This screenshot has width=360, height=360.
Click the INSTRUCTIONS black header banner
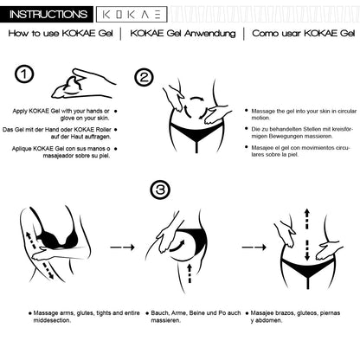pyautogui.click(x=47, y=14)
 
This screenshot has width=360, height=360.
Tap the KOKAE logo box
pyautogui.click(x=132, y=15)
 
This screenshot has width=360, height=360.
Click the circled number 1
pyautogui.click(x=24, y=74)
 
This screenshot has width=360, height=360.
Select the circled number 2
pyautogui.click(x=144, y=77)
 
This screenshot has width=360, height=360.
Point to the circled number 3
pyautogui.click(x=160, y=190)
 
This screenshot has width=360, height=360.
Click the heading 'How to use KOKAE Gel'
pyautogui.click(x=61, y=33)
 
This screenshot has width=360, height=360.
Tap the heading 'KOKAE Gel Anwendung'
pyautogui.click(x=183, y=34)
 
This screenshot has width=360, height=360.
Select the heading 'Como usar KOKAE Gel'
pyautogui.click(x=304, y=33)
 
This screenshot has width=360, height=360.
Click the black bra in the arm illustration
pyautogui.click(x=55, y=238)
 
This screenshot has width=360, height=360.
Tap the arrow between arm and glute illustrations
pyautogui.click(x=123, y=247)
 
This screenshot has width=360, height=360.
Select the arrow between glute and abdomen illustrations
pyautogui.click(x=254, y=247)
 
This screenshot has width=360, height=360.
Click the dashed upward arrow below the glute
pyautogui.click(x=190, y=273)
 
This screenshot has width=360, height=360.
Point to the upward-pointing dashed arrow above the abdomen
pyautogui.click(x=307, y=219)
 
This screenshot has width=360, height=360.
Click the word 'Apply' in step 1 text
pyautogui.click(x=20, y=112)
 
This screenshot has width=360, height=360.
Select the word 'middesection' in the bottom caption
pyautogui.click(x=52, y=320)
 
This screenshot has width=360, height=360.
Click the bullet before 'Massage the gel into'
pyautogui.click(x=247, y=111)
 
